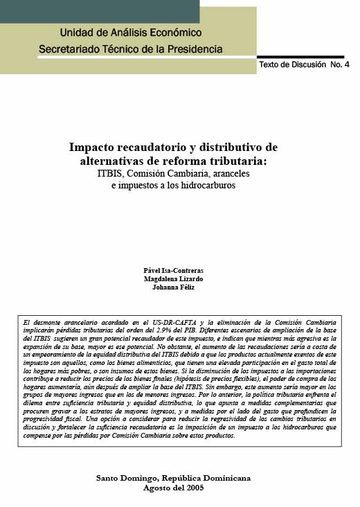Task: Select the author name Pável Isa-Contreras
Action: point(173,270)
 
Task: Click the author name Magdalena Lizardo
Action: point(173,279)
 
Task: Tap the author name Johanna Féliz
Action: point(173,288)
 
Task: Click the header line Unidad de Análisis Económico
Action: point(131,33)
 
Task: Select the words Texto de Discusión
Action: point(291,64)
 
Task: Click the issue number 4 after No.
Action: point(346,64)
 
